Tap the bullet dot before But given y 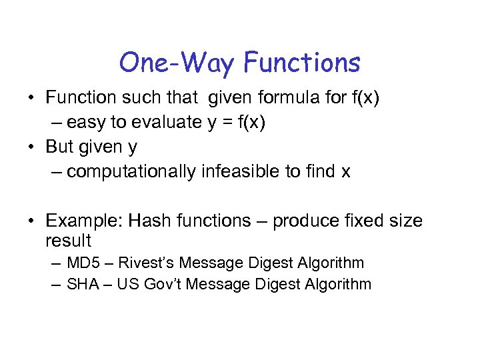coord(31,147)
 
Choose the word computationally coord(131,171)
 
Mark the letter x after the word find coord(345,172)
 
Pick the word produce coord(309,221)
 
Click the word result coord(68,240)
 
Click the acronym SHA coord(85,285)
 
